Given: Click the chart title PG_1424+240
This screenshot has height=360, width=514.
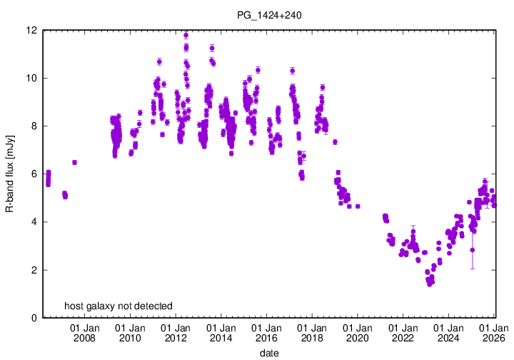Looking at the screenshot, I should (x=268, y=14).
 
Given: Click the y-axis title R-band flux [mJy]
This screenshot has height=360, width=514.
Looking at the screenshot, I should (x=10, y=174).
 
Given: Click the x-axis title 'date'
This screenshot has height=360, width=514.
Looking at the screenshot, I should (x=268, y=353).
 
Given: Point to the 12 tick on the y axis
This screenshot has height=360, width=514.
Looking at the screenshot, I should (x=33, y=30).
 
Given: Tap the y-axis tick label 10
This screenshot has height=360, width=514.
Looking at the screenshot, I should (x=33, y=78).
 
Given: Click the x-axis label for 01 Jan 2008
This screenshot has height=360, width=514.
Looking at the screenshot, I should (x=84, y=333).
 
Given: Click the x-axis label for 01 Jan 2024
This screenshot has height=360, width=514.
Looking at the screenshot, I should (x=448, y=333).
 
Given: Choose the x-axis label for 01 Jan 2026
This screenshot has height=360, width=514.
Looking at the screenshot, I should (x=493, y=333).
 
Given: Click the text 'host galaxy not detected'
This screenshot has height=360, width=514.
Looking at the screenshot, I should (x=119, y=306).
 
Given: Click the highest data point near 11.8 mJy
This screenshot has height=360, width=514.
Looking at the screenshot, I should (x=186, y=35).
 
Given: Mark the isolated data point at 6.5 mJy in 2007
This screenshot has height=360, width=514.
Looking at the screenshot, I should (x=74, y=162).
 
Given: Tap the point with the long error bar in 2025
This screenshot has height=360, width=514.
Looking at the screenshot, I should (x=473, y=250).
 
